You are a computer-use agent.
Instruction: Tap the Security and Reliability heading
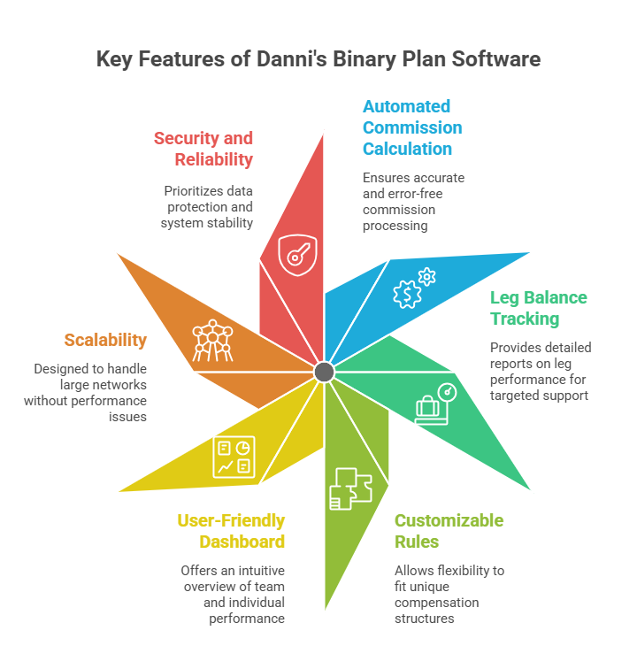[203, 149]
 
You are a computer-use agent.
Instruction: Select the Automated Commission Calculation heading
[411, 127]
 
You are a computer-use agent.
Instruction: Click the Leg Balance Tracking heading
[538, 308]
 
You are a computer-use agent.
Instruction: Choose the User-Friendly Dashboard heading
[231, 530]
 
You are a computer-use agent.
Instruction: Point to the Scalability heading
[105, 340]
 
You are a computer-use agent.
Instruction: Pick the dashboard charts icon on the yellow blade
[234, 457]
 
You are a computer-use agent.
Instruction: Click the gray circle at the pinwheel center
[324, 372]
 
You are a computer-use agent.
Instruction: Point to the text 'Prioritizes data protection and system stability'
[208, 206]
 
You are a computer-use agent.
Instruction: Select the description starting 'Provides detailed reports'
[541, 371]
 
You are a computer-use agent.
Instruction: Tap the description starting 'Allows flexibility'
[449, 594]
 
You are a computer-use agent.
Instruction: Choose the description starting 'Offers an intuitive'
[233, 594]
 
